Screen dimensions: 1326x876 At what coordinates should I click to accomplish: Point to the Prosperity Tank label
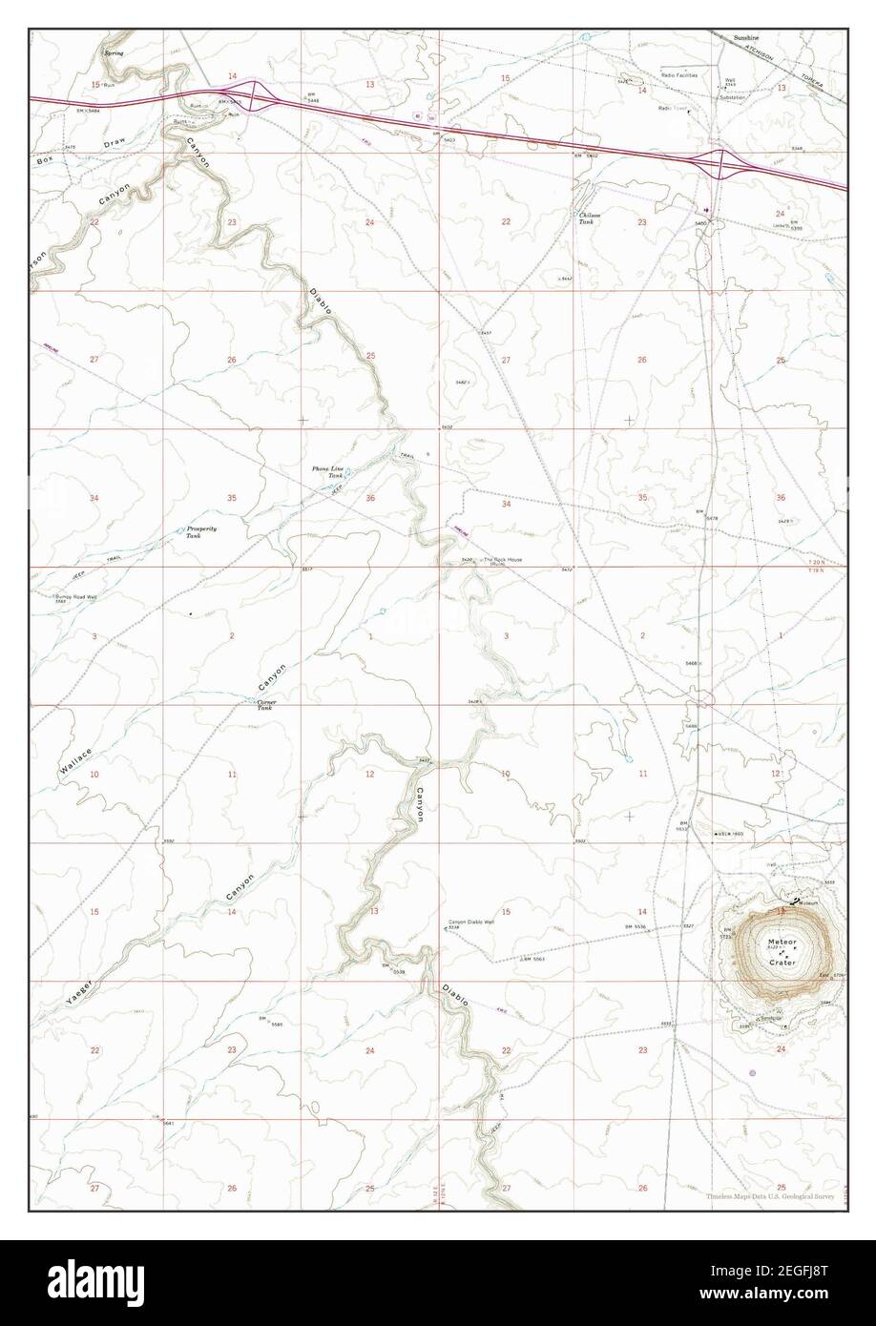201,531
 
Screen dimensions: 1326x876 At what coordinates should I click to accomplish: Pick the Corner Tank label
265,705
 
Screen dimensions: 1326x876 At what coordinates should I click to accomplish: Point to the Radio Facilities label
679,74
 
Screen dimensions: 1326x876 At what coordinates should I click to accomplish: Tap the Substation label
733,97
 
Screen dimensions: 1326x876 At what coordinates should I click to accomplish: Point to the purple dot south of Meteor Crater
753,1073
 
